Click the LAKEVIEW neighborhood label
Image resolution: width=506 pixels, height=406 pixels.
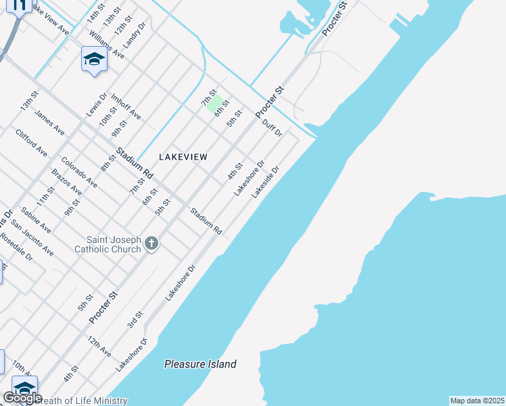coord(183,156)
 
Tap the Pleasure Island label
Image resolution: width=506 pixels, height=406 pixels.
coord(200,364)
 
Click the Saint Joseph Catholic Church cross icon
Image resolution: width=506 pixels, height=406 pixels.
coord(152,244)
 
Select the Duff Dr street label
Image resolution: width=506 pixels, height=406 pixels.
coord(271,127)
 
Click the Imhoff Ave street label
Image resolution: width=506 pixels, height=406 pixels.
coord(126,106)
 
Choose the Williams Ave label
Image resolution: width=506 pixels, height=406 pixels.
coord(106,44)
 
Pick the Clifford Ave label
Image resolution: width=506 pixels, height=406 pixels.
coord(32,141)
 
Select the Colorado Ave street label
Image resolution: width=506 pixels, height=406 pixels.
coord(79,172)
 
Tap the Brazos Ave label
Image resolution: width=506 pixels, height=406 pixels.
coord(66,182)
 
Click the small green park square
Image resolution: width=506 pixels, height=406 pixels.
coord(213,104)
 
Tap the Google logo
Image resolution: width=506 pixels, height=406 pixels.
coord(22,398)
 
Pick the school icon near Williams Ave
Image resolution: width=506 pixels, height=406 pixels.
coord(94,59)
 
